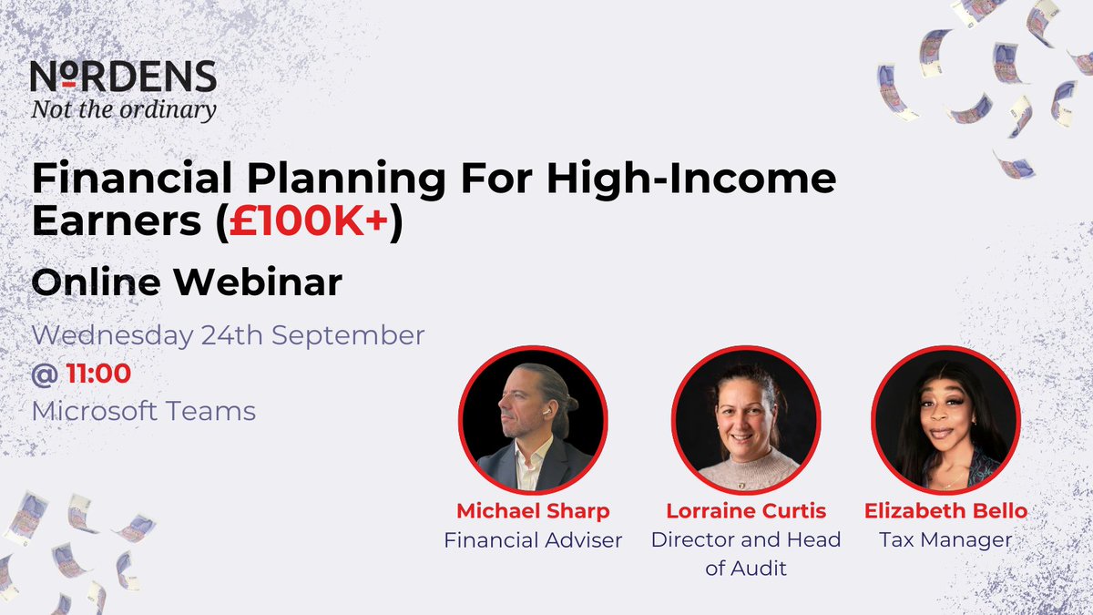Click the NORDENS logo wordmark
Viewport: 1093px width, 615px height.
[x=123, y=77]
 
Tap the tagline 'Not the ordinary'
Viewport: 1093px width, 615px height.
[x=123, y=110]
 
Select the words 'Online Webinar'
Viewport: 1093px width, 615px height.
[x=187, y=283]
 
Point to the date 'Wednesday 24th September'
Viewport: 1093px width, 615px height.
[x=228, y=335]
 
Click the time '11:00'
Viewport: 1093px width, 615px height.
[x=98, y=373]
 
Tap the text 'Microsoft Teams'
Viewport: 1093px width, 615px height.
[x=144, y=411]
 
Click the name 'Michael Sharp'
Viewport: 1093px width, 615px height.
[x=533, y=511]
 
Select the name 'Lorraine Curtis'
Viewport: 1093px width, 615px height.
[x=745, y=511]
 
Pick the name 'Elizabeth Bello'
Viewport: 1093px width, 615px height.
[x=945, y=511]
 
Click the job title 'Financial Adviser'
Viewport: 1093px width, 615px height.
[x=533, y=540]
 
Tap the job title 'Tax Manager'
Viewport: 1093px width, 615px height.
[x=945, y=540]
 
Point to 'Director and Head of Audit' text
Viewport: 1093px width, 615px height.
[x=745, y=554]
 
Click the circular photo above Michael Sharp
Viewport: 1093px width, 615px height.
[x=533, y=420]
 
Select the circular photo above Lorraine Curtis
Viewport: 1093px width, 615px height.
[x=746, y=420]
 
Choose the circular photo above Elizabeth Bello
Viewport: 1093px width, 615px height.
[x=945, y=420]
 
